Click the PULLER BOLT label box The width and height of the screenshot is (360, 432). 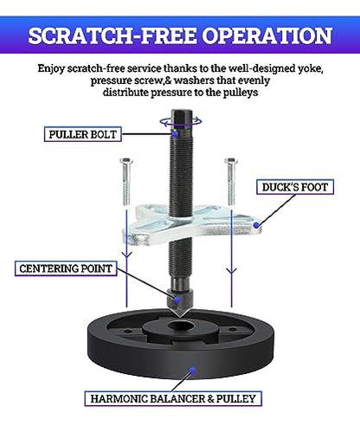click(x=82, y=134)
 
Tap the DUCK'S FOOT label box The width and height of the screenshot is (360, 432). click(x=295, y=187)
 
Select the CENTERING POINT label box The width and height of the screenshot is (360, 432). click(x=66, y=268)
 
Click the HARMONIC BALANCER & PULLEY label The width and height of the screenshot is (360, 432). click(x=173, y=398)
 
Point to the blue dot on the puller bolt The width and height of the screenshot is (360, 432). click(x=175, y=133)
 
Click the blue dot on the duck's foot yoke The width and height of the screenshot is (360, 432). click(x=256, y=225)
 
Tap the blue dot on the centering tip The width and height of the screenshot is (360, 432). click(x=177, y=299)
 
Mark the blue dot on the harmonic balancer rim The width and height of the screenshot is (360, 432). click(x=192, y=371)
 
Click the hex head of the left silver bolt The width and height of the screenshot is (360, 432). click(x=126, y=161)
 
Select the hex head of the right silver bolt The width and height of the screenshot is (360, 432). click(x=231, y=161)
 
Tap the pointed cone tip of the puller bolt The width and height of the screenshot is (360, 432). click(x=180, y=317)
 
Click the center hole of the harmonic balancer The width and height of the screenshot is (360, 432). click(x=181, y=326)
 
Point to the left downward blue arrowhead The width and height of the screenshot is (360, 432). click(x=126, y=255)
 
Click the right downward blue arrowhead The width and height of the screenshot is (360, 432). click(x=231, y=271)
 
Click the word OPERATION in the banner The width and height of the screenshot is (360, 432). click(x=267, y=35)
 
